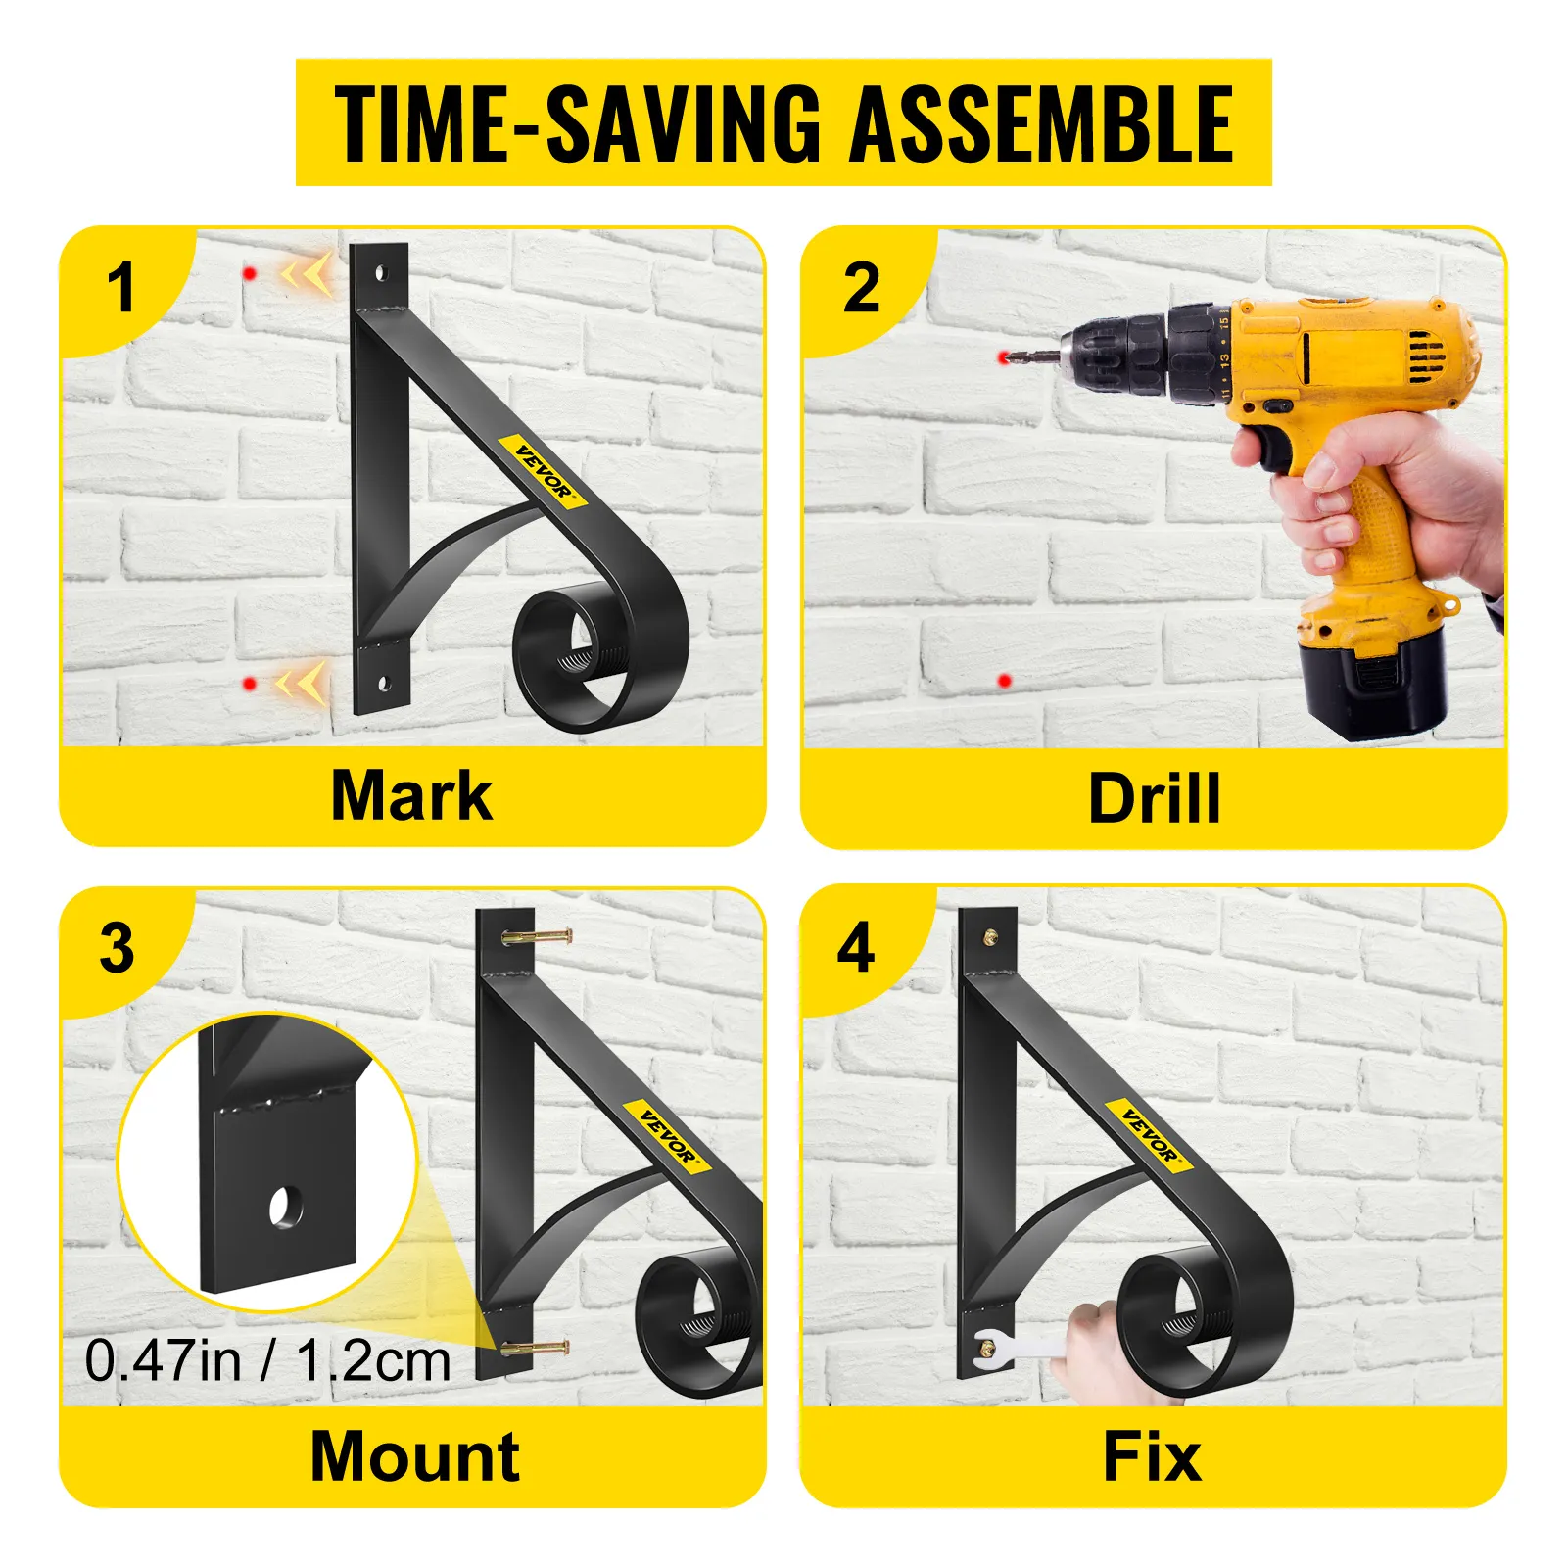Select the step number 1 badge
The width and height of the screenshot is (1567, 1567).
[120, 289]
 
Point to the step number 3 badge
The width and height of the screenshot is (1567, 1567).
[117, 948]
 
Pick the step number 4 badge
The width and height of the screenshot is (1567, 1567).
[856, 948]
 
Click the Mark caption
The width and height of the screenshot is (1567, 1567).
[411, 794]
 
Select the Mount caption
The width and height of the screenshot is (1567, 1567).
[414, 1456]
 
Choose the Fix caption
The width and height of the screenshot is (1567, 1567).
[1152, 1456]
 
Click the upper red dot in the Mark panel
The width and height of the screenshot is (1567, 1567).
[251, 273]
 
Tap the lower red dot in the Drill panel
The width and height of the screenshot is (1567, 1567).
[1004, 681]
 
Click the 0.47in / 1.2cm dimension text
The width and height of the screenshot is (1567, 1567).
[267, 1361]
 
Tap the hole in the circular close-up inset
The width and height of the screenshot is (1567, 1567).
[286, 1207]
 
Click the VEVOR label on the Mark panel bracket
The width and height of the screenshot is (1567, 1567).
[544, 471]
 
